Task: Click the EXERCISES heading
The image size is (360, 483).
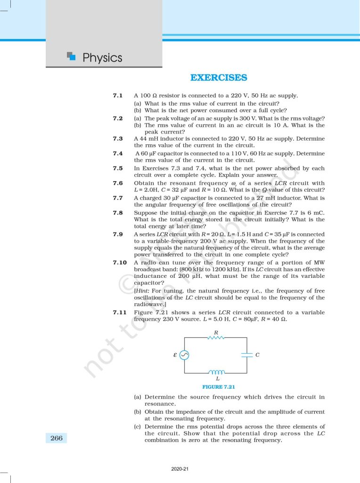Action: (x=218, y=77)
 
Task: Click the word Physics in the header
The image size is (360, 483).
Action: (x=102, y=58)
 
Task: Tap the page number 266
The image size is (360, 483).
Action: (x=56, y=438)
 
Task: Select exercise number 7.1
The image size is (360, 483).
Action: (x=118, y=96)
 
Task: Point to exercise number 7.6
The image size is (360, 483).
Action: (x=118, y=183)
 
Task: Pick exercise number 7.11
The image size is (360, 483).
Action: (x=120, y=313)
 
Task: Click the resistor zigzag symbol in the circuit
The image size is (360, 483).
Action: (x=216, y=337)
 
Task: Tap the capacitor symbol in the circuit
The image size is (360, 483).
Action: (x=247, y=355)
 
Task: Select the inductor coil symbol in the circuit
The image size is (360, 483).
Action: (x=216, y=372)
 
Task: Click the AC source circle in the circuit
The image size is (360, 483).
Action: (x=184, y=355)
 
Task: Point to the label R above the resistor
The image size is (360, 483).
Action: (x=216, y=332)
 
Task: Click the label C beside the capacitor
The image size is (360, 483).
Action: (x=257, y=355)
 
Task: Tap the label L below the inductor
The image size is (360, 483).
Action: (x=217, y=378)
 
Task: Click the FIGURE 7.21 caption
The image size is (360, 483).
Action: (x=219, y=387)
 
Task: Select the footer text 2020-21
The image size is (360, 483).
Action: (x=180, y=469)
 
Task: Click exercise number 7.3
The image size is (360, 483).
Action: (x=118, y=139)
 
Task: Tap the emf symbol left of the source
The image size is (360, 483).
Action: (x=175, y=355)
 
